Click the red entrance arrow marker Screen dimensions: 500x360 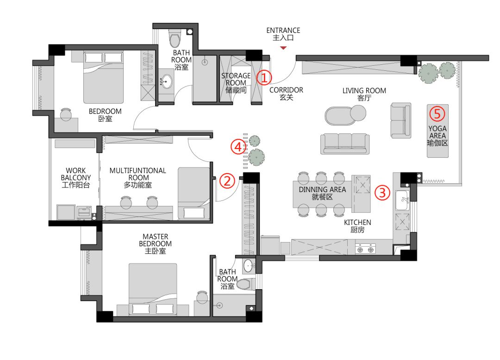[283, 48]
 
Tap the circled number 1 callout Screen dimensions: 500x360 [264, 77]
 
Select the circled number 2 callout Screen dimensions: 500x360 [227, 181]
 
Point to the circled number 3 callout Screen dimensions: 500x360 [382, 192]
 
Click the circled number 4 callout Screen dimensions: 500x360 [238, 147]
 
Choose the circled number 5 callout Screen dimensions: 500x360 [437, 114]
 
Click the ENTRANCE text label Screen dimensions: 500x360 [283, 30]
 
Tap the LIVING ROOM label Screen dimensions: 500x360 [364, 91]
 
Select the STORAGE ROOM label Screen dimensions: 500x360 [236, 79]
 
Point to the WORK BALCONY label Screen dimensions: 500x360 [76, 174]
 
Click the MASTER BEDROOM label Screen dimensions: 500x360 [155, 240]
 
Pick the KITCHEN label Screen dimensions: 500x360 [357, 223]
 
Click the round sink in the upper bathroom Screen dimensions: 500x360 [165, 82]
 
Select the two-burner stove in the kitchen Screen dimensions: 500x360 [365, 248]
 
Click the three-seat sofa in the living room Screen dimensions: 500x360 [345, 144]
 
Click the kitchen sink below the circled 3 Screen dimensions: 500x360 [402, 200]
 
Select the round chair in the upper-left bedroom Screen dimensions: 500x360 [66, 114]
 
